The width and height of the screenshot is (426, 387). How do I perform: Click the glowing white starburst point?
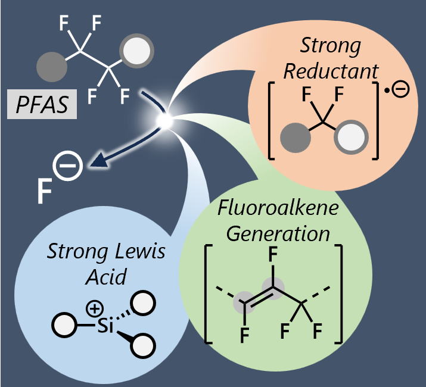166,121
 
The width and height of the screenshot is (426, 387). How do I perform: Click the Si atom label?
98,326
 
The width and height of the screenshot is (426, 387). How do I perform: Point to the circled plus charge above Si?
94,310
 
